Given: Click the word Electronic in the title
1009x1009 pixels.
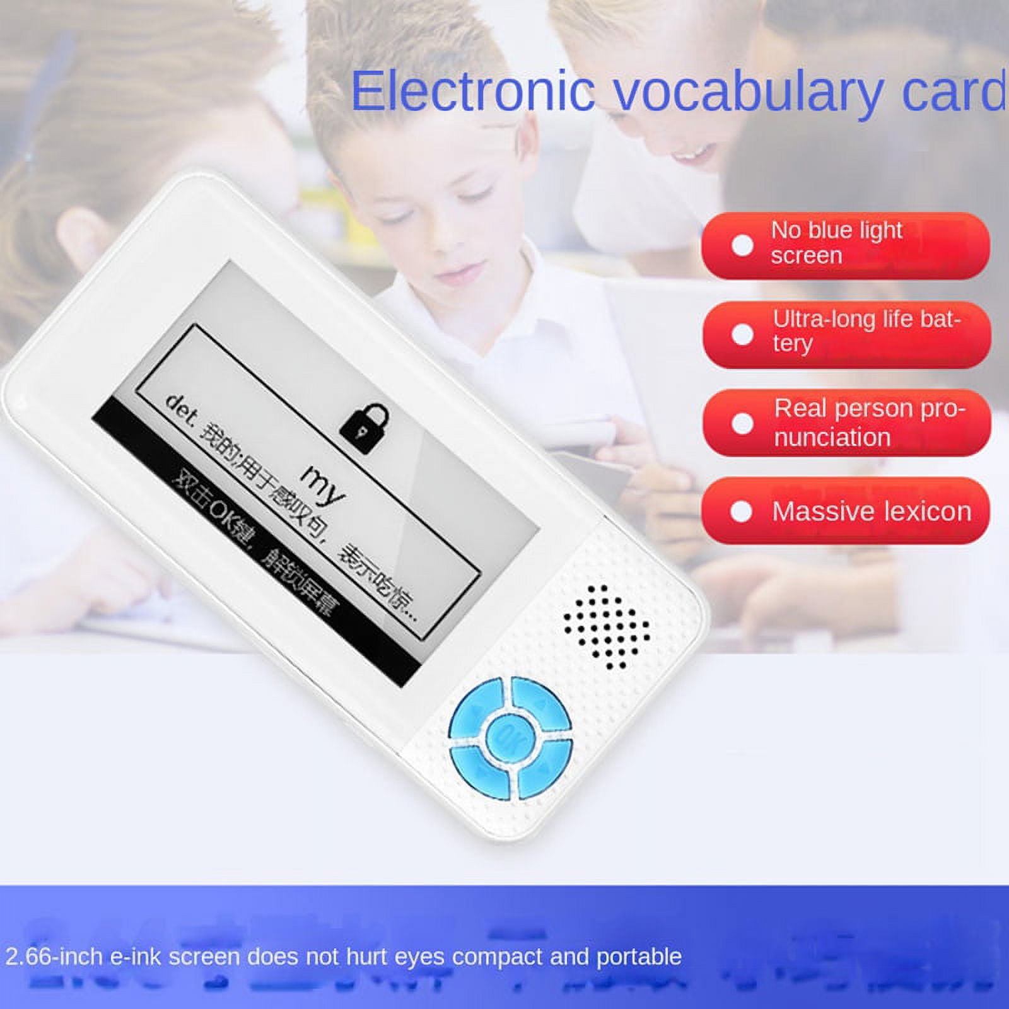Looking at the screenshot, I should (472, 91).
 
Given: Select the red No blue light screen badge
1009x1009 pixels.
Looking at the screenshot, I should (845, 245).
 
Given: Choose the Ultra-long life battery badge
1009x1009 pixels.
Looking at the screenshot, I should (846, 334).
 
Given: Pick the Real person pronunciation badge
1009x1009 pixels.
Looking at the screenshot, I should (846, 423).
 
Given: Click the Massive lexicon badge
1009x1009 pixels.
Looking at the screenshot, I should (845, 511).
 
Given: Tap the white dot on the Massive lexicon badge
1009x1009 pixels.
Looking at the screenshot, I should (741, 511).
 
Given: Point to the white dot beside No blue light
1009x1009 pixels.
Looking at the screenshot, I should (742, 245).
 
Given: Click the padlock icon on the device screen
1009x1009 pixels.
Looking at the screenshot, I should (365, 428).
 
